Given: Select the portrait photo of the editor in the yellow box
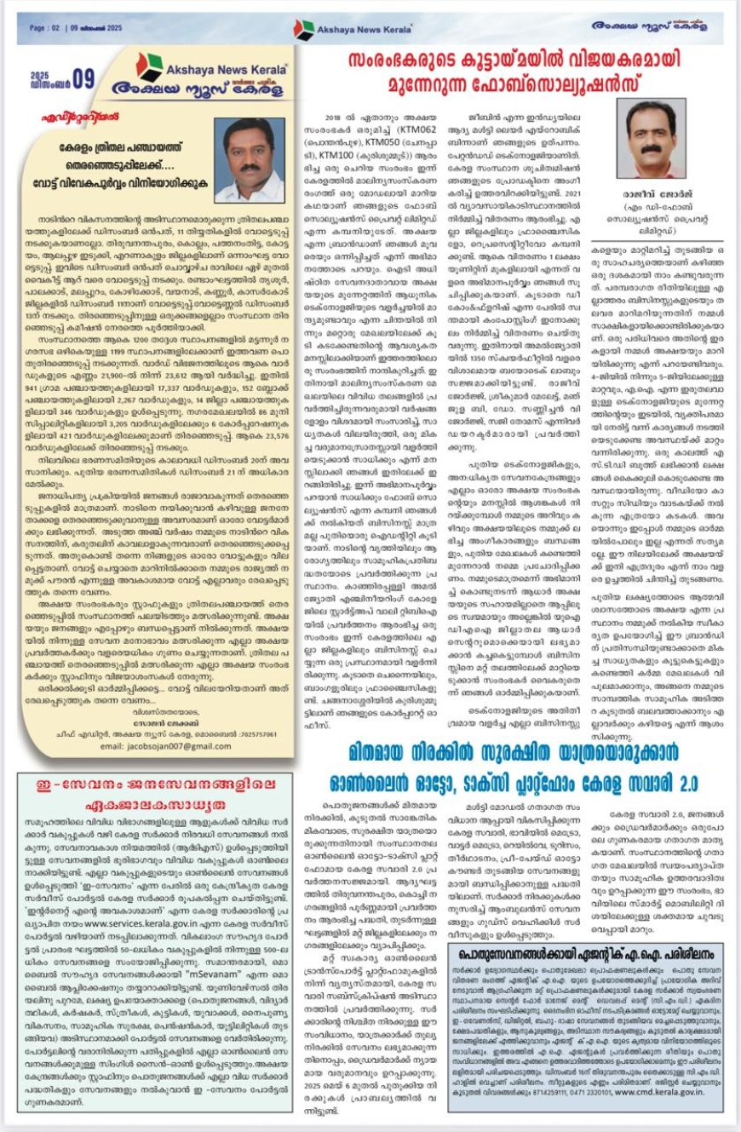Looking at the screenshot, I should [x=250, y=159].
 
